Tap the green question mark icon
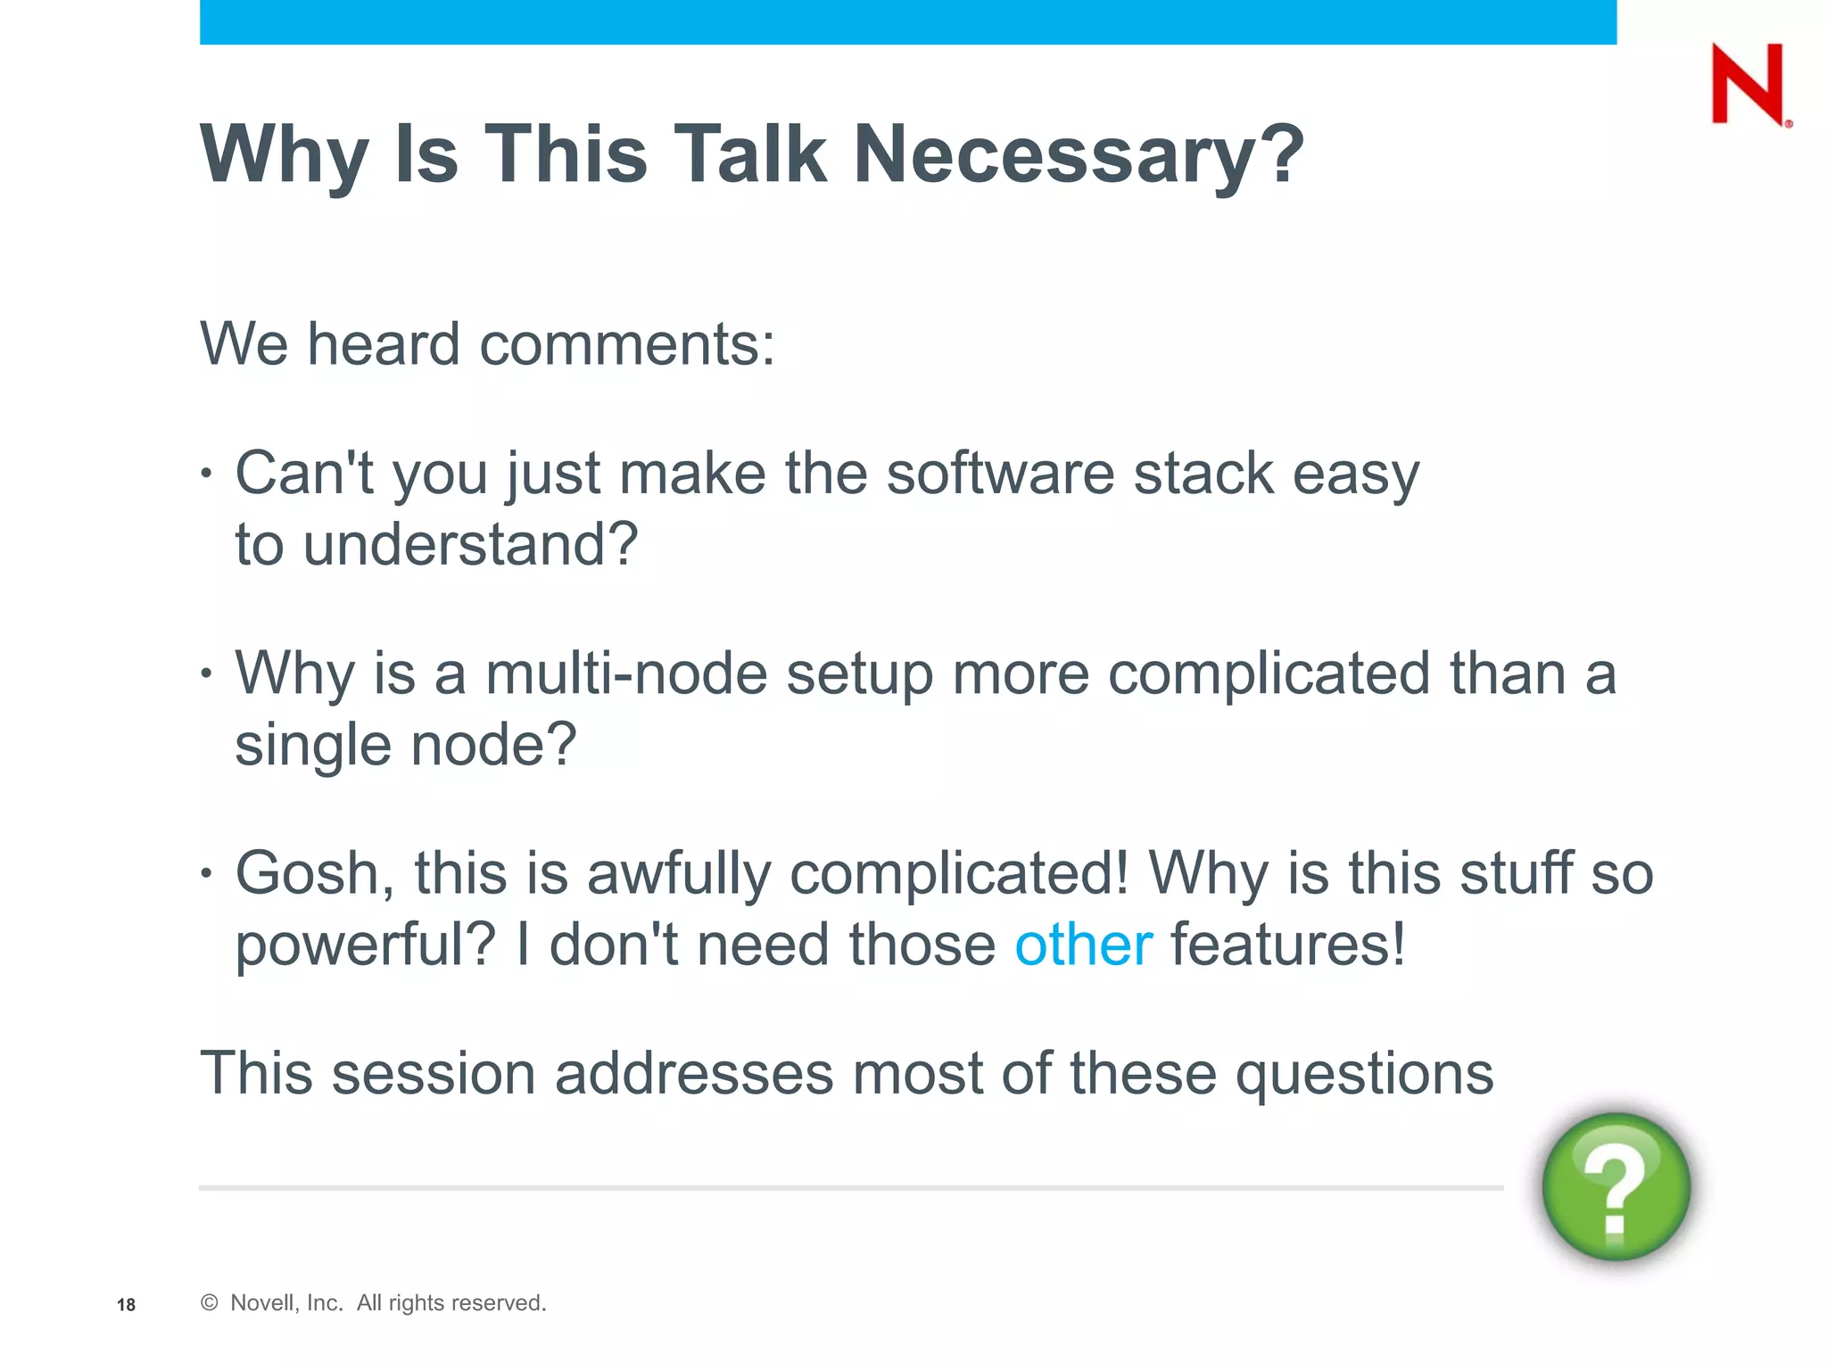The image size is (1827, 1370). tap(1616, 1186)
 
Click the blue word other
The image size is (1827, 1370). tap(1083, 945)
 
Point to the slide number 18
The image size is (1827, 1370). tap(126, 1305)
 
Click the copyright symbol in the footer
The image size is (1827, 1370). tap(209, 1303)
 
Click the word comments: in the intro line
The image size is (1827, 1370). tap(626, 344)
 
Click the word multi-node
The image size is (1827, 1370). tap(626, 673)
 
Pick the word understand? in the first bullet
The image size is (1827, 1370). tap(470, 544)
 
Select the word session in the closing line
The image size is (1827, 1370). tap(433, 1073)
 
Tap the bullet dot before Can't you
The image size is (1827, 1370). tap(207, 474)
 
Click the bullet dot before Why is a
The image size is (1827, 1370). tap(207, 673)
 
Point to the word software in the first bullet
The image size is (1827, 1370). tap(1000, 473)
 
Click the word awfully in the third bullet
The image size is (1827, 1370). tap(678, 875)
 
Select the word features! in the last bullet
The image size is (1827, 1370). tap(1287, 945)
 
